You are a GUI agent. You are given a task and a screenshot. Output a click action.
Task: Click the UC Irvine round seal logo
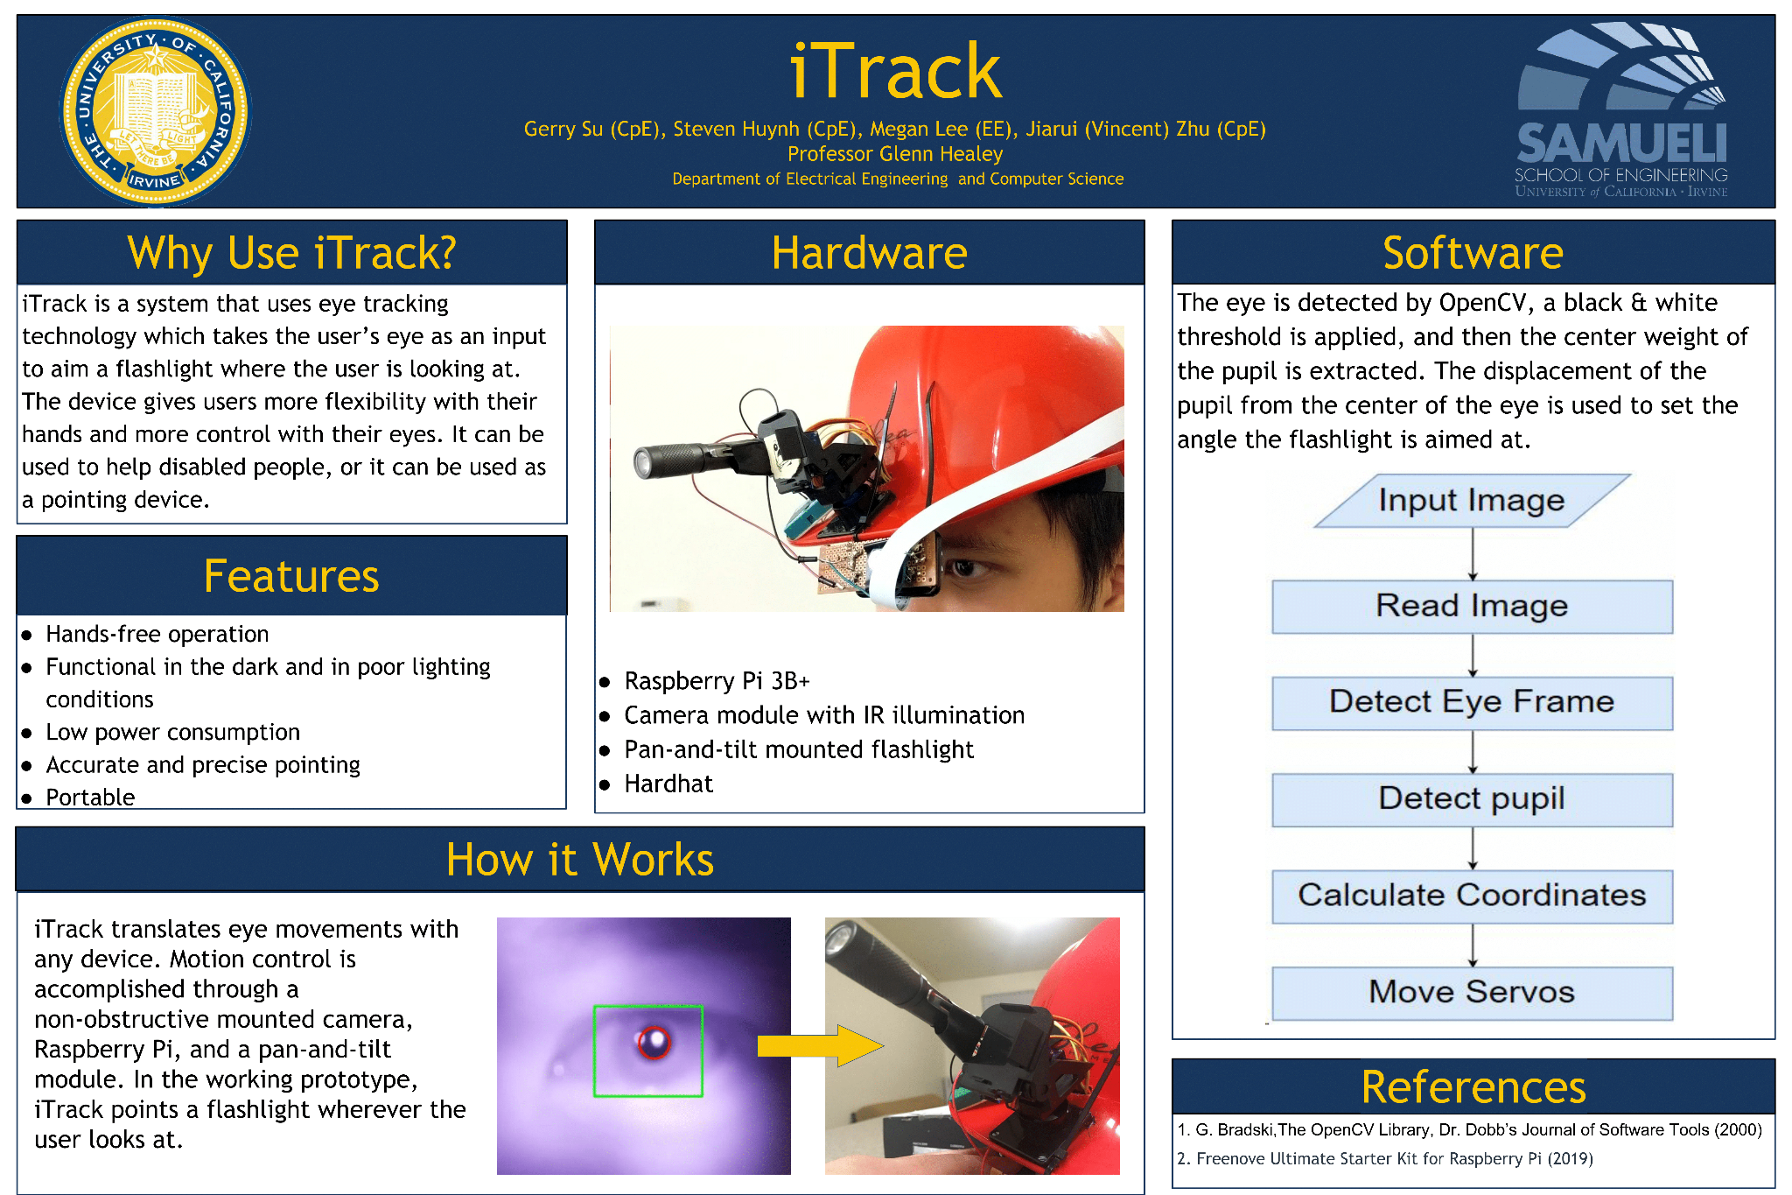pos(155,111)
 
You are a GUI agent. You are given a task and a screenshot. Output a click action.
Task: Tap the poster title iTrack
pos(895,72)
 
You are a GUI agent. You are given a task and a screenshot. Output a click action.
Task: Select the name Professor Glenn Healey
pos(894,154)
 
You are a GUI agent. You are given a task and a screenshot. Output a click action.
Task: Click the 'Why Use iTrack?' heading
pos(291,253)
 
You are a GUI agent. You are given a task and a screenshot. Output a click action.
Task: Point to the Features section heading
pos(291,576)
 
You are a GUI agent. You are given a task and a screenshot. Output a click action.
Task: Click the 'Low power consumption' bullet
pos(172,732)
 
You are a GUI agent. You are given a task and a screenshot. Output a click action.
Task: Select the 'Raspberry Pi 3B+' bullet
pos(717,681)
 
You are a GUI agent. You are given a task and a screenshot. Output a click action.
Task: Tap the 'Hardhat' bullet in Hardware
pos(668,784)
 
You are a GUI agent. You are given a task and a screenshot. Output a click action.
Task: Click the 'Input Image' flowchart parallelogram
pos(1472,501)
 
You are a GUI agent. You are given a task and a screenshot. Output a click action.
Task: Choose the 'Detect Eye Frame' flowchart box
pos(1472,702)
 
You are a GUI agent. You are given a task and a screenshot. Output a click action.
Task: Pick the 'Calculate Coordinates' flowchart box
pos(1472,896)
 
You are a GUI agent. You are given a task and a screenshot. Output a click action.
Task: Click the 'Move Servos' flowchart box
pos(1472,992)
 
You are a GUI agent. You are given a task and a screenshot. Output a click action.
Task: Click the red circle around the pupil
pos(654,1042)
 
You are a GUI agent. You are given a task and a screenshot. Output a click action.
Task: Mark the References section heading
pos(1473,1087)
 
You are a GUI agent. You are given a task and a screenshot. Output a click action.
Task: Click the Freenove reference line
pos(1394,1159)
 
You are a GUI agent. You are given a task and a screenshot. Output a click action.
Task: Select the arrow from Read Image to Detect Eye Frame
pos(1473,655)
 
